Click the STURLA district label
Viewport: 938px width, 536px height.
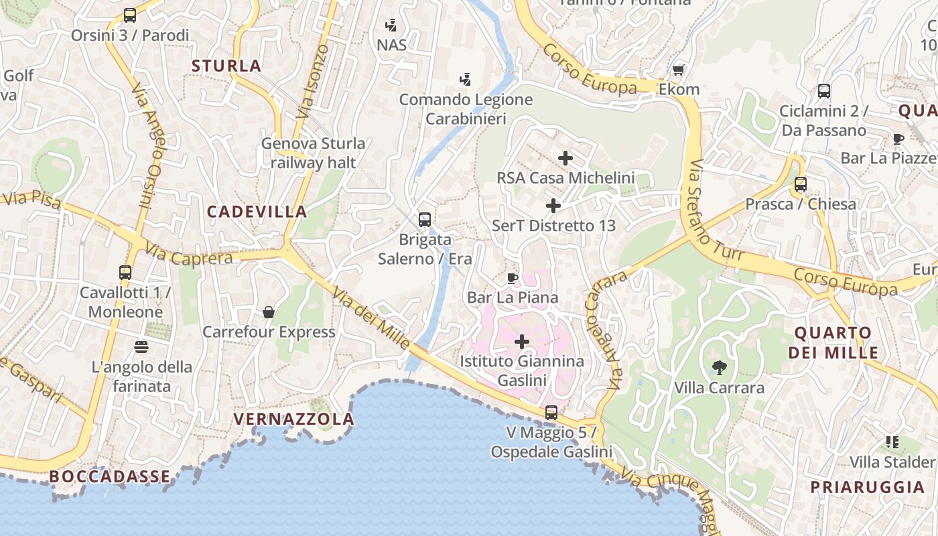click(x=226, y=66)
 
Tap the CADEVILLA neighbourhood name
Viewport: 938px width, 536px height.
click(x=257, y=212)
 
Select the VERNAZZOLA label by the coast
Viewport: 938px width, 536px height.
click(x=293, y=419)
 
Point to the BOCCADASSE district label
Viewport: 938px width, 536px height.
click(x=110, y=476)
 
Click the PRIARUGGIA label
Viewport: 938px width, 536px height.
click(x=868, y=487)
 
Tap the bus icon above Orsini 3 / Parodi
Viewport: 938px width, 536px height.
click(x=130, y=15)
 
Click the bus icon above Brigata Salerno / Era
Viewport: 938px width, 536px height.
click(x=425, y=220)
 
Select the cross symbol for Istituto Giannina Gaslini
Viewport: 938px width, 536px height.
click(x=522, y=342)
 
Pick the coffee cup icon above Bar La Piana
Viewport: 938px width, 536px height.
click(x=513, y=278)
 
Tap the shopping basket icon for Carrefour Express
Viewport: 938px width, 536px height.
click(x=269, y=312)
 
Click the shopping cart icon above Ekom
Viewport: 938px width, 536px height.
click(x=679, y=70)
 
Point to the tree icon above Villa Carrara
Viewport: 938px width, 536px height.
click(x=720, y=367)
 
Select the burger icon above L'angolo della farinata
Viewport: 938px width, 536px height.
click(x=141, y=347)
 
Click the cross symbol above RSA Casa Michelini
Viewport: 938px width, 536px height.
click(x=565, y=158)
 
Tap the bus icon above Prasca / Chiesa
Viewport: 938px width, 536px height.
click(x=801, y=184)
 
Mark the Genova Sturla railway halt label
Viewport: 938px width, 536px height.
click(x=313, y=153)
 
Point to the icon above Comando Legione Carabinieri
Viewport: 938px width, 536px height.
click(x=465, y=80)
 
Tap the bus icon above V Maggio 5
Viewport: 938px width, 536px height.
click(x=551, y=413)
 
